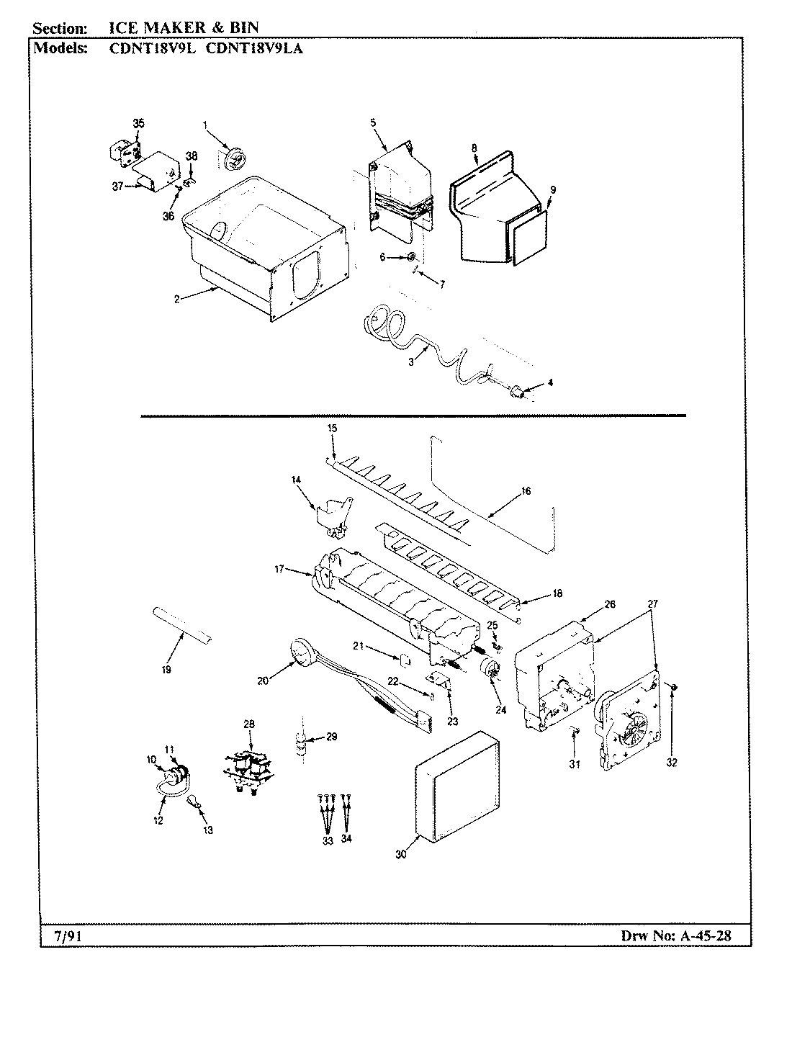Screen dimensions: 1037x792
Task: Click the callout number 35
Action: coord(138,123)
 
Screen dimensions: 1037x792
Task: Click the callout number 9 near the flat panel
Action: coord(553,189)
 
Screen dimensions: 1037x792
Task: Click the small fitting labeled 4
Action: coord(516,392)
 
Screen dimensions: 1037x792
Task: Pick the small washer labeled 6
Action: coord(410,257)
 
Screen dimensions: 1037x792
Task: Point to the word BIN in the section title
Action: coord(243,28)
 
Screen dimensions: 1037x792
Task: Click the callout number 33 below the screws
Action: coord(328,841)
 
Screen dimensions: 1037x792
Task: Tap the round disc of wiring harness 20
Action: coord(299,652)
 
